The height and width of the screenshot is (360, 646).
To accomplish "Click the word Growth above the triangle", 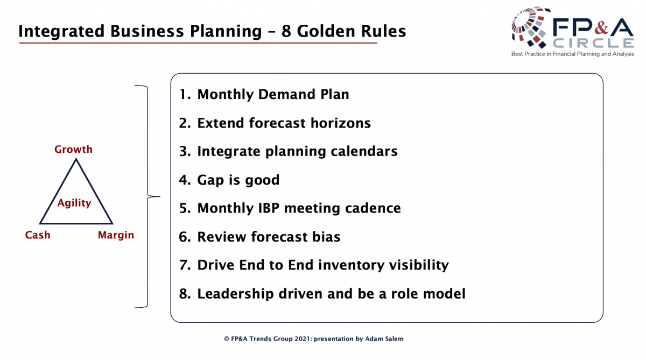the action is [73, 149].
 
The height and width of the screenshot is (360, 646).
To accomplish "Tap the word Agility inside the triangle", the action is [74, 203].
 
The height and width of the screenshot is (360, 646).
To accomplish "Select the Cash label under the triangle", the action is [38, 235].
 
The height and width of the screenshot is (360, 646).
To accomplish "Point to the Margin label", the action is [116, 235].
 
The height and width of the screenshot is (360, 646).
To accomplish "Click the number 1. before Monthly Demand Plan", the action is [185, 94].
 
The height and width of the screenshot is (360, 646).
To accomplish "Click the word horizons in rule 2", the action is [340, 123].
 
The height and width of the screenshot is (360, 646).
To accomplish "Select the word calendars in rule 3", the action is [364, 151].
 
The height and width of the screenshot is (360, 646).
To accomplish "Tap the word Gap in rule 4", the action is [210, 180].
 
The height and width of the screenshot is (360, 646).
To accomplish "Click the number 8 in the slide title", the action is [286, 31].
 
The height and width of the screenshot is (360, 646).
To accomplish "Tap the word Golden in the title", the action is [326, 31].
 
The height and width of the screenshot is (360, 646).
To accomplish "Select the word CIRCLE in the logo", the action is [593, 43].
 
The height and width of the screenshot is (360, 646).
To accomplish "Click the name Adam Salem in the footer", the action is [384, 339].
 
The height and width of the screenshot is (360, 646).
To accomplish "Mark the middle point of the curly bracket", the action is [147, 196].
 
